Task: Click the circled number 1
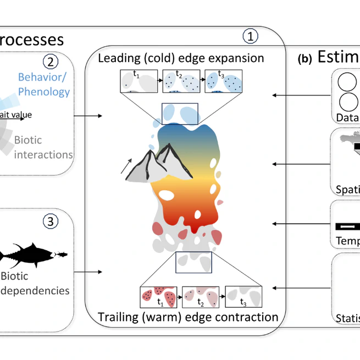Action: coord(250,37)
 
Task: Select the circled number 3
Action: coord(50,222)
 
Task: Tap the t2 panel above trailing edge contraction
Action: coord(200,298)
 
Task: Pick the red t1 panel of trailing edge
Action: coord(159,298)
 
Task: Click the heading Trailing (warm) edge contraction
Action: coord(188,317)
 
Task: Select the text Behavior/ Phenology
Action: coord(44,84)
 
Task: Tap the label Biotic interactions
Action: coord(43,147)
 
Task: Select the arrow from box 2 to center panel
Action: coord(88,116)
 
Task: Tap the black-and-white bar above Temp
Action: coord(347,226)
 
